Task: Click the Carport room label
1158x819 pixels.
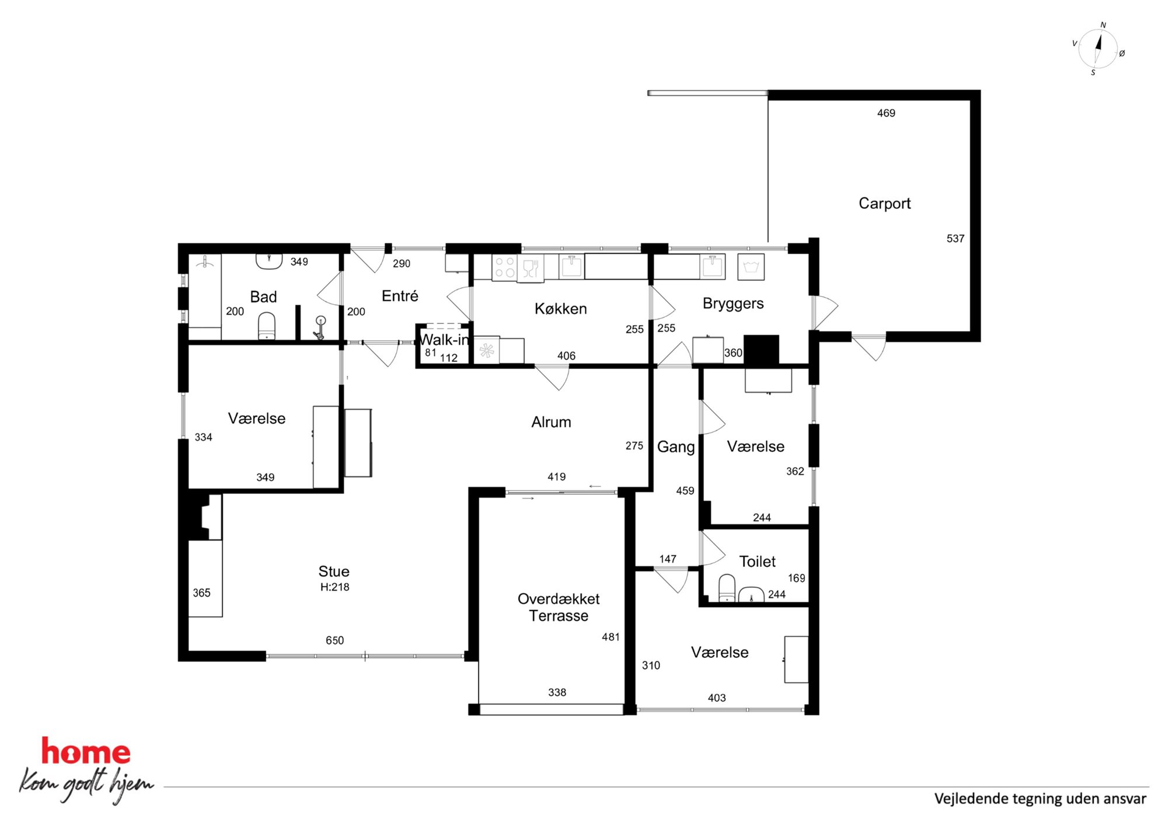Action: pyautogui.click(x=884, y=203)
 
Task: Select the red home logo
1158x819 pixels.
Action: pyautogui.click(x=86, y=752)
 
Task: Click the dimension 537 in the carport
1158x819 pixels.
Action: pyautogui.click(x=955, y=238)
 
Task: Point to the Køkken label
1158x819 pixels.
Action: pyautogui.click(x=560, y=308)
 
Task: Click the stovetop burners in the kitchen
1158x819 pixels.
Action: pyautogui.click(x=505, y=267)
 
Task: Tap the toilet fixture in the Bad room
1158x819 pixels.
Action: pyautogui.click(x=267, y=326)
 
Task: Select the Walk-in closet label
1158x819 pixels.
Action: pyautogui.click(x=444, y=339)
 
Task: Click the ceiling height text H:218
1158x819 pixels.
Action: pyautogui.click(x=334, y=587)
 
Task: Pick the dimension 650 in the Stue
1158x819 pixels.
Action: pyautogui.click(x=334, y=640)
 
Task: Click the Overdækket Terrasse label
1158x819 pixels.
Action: pyautogui.click(x=559, y=607)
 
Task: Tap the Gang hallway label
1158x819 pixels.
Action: pyautogui.click(x=676, y=447)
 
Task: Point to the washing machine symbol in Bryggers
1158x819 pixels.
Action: pyautogui.click(x=751, y=267)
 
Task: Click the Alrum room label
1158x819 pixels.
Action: pyautogui.click(x=551, y=422)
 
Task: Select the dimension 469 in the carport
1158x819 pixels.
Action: pyautogui.click(x=886, y=113)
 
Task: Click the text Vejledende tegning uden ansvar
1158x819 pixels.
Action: pyautogui.click(x=1040, y=799)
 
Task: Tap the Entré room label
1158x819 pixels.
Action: pyautogui.click(x=400, y=295)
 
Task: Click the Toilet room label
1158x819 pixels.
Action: pyautogui.click(x=757, y=562)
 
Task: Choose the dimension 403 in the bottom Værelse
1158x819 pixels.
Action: pyautogui.click(x=717, y=698)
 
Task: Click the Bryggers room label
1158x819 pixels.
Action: pyautogui.click(x=733, y=304)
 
